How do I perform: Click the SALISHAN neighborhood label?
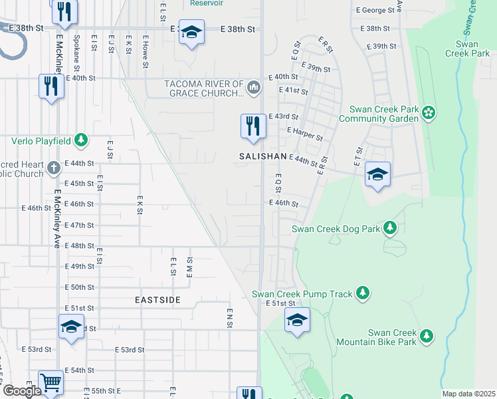point(262,156)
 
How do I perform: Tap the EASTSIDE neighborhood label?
point(157,300)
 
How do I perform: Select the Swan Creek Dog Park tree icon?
point(390,229)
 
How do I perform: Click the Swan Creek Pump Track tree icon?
point(362,293)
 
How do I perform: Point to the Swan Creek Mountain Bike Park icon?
point(427,336)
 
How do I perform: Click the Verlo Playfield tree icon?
point(81,140)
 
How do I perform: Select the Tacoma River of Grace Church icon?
point(254,87)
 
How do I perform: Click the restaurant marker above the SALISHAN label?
point(252,126)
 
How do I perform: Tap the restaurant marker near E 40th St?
point(50,86)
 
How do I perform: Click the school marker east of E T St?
point(377,175)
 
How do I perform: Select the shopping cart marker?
point(50,382)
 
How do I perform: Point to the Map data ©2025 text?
point(469,394)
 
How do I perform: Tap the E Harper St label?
point(304,130)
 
